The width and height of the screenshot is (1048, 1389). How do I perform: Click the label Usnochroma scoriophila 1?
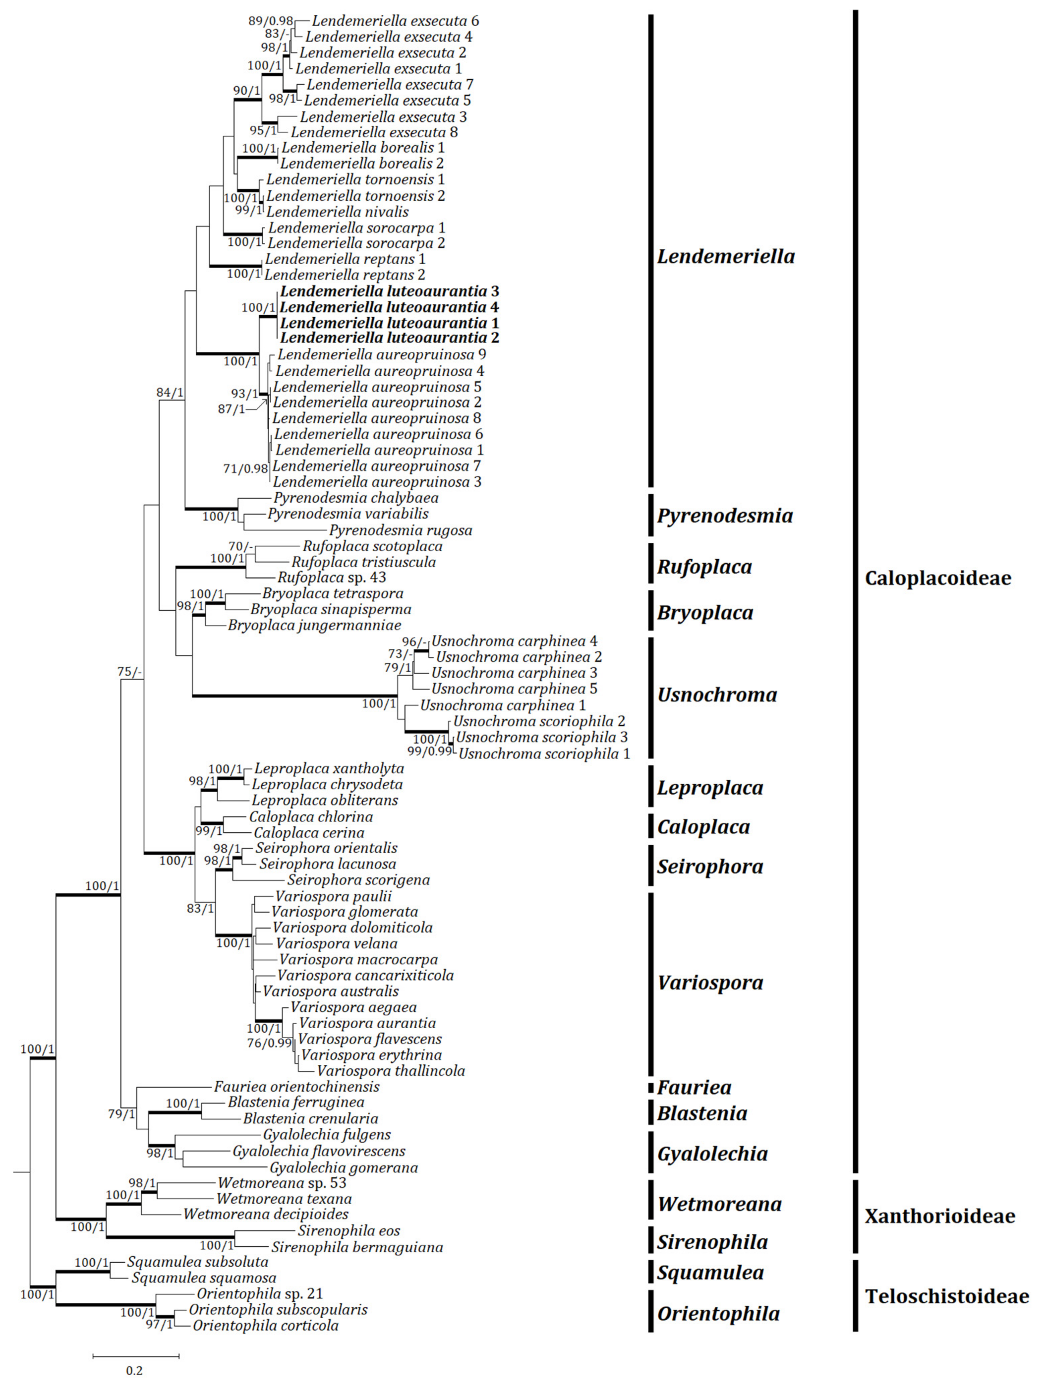tap(544, 754)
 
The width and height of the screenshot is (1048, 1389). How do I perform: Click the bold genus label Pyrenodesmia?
tap(724, 515)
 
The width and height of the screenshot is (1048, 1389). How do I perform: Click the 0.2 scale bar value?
tap(134, 1371)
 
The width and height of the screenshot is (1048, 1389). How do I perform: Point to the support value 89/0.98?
tap(271, 21)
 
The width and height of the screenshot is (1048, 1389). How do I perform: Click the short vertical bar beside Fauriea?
tap(651, 1087)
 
